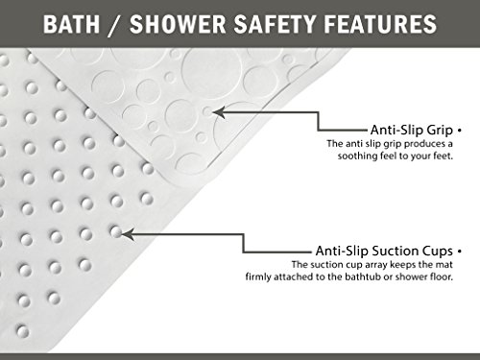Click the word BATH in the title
click(x=71, y=24)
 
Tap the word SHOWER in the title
click(x=178, y=24)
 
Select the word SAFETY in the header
click(x=276, y=24)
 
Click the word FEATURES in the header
click(x=380, y=24)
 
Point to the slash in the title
click(x=114, y=25)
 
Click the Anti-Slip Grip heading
click(x=412, y=130)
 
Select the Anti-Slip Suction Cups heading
click(x=384, y=251)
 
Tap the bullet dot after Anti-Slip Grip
click(x=460, y=131)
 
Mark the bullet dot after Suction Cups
click(x=460, y=252)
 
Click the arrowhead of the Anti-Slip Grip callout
click(x=218, y=112)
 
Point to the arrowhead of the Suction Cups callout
click(x=128, y=234)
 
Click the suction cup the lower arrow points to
click(x=115, y=231)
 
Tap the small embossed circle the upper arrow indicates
click(x=207, y=112)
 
